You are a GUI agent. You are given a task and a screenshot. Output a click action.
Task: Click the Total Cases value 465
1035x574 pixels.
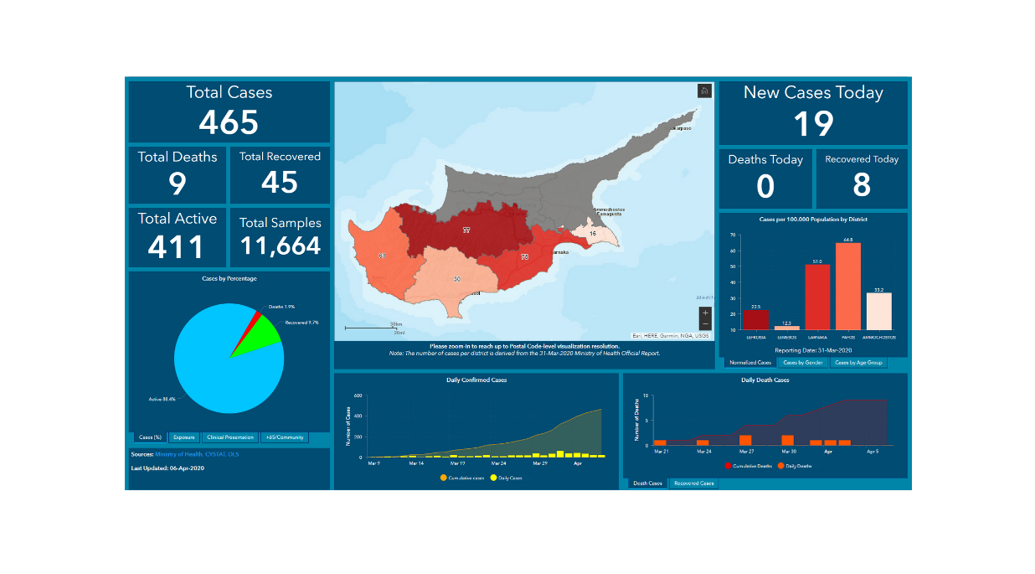pos(229,123)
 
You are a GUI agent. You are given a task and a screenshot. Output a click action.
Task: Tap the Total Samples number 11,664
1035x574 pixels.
pos(281,246)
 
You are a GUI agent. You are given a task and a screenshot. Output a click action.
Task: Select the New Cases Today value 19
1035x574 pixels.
pos(813,124)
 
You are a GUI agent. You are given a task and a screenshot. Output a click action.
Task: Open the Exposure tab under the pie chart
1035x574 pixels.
pos(183,437)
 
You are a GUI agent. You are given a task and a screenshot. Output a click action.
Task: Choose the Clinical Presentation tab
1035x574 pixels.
pos(230,437)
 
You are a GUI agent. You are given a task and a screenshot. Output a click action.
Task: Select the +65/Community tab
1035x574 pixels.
pos(285,437)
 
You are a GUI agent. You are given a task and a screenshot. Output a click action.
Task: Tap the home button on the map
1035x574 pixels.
pos(704,91)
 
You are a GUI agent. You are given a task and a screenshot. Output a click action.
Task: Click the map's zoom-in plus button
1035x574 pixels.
pos(705,313)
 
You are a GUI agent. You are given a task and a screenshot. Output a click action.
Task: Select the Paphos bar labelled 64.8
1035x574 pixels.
pos(847,286)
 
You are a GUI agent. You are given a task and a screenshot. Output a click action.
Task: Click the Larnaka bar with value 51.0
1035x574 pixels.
pos(816,297)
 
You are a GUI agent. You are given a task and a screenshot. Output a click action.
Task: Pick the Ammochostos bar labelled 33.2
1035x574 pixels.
pos(878,311)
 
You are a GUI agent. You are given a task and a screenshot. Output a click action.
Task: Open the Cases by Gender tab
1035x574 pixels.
pos(803,363)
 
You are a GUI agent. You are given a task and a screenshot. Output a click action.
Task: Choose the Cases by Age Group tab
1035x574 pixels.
pos(858,363)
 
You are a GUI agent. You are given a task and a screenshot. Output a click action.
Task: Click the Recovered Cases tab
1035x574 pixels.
pos(693,484)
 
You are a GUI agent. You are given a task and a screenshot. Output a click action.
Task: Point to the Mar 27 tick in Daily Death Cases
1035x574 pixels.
pos(745,451)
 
